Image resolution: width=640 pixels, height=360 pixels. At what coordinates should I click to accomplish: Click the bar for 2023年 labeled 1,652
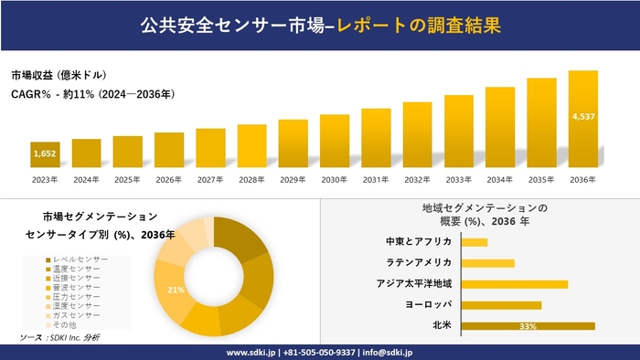tap(45, 155)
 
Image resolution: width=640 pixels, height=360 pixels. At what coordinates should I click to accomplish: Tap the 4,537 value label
tap(583, 117)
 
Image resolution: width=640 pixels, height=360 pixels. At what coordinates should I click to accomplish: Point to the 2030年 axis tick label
tap(335, 180)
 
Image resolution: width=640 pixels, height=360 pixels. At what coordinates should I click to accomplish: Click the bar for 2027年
tap(210, 148)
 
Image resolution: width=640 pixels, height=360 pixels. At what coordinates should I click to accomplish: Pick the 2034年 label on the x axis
tap(500, 180)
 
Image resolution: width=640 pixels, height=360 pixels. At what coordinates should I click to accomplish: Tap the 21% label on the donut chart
tap(176, 291)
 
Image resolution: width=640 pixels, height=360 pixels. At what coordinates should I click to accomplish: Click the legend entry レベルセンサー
tap(80, 259)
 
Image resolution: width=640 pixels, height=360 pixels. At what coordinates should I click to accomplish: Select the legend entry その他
tap(65, 325)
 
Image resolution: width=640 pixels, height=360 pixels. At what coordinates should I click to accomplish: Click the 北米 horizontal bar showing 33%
tap(528, 325)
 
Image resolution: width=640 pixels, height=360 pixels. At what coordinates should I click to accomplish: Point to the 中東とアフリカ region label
tap(419, 242)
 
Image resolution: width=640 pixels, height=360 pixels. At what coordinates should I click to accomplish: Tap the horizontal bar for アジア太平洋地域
tap(515, 284)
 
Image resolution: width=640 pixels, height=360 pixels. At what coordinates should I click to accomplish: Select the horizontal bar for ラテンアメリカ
tap(488, 263)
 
